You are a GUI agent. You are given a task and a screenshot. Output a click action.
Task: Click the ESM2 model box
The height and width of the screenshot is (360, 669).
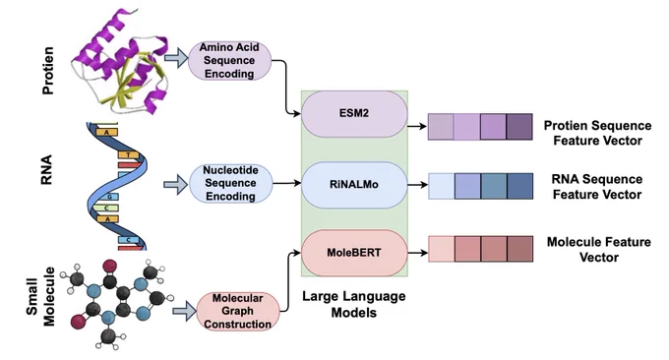click(354, 114)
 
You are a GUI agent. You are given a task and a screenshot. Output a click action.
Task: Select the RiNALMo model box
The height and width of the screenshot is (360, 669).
click(354, 185)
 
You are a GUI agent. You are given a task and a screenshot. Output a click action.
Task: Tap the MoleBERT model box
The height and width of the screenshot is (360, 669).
click(354, 253)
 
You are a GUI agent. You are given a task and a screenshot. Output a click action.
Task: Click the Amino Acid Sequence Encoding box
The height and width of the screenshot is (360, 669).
click(229, 61)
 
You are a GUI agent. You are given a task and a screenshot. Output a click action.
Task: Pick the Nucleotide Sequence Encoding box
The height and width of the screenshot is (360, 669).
click(230, 183)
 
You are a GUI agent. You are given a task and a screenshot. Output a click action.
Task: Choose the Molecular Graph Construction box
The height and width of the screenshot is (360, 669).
click(238, 311)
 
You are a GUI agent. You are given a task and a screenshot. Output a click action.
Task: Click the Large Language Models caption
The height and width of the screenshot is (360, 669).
click(354, 305)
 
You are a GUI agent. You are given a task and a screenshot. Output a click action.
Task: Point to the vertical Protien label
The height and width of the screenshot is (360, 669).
click(48, 71)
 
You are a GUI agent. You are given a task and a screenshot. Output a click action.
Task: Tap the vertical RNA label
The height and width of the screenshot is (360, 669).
click(46, 170)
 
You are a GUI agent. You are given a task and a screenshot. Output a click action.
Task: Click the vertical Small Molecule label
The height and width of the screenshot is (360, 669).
click(40, 297)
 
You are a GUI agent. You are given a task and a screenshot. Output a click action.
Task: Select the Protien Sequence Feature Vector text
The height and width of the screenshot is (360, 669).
click(597, 133)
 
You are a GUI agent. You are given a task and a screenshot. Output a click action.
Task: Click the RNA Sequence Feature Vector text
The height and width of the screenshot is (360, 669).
click(597, 187)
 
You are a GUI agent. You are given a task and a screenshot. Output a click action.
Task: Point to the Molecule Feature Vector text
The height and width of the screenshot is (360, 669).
click(598, 250)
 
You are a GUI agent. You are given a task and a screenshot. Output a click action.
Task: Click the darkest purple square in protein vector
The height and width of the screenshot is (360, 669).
click(519, 127)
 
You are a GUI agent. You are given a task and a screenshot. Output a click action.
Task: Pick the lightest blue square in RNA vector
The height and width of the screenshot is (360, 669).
click(442, 186)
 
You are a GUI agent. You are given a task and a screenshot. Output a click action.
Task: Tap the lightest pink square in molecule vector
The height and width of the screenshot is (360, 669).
click(442, 249)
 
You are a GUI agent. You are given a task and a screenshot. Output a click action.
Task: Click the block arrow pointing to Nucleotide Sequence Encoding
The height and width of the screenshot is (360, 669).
click(175, 185)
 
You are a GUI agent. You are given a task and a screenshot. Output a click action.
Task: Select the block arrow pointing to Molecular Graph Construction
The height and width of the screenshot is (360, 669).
click(184, 311)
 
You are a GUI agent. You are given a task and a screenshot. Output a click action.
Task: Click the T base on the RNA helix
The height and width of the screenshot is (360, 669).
click(129, 154)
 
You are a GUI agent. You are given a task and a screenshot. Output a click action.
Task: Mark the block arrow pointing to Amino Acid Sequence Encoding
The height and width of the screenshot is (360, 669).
click(176, 58)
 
